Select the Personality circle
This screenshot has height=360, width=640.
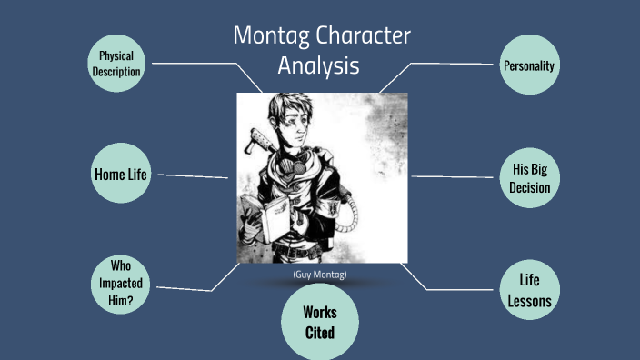tap(529, 65)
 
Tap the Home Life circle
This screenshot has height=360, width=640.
tap(120, 173)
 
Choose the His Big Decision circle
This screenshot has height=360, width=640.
tap(529, 177)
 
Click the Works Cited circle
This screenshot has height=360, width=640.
tap(319, 323)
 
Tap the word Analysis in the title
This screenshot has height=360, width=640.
tap(319, 66)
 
